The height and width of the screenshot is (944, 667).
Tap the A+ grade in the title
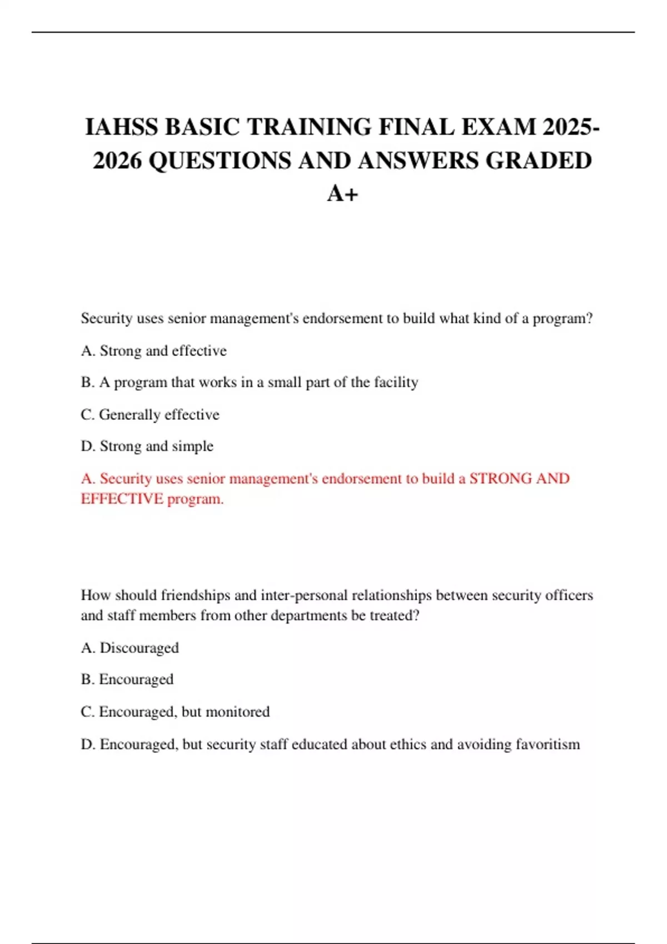pyautogui.click(x=342, y=193)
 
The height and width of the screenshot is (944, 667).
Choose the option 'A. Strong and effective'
pyautogui.click(x=153, y=351)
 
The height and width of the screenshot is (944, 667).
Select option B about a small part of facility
pyautogui.click(x=249, y=383)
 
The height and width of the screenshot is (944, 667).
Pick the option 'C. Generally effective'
pyautogui.click(x=150, y=415)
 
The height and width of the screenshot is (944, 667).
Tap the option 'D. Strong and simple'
pyautogui.click(x=147, y=446)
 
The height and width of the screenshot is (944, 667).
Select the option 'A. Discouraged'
pyautogui.click(x=130, y=648)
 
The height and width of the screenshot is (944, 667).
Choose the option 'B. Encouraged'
pyautogui.click(x=127, y=680)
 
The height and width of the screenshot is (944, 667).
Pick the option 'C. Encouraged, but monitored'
pyautogui.click(x=175, y=712)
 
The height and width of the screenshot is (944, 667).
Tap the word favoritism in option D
pyautogui.click(x=547, y=744)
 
